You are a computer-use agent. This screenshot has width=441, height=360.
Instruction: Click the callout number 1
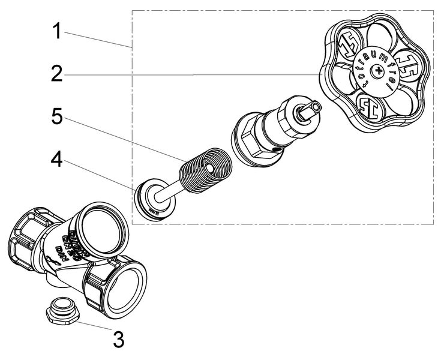pos(56,31)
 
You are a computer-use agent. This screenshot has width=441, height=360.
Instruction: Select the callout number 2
pos(56,74)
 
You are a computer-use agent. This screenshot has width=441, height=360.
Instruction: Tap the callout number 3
pos(118,340)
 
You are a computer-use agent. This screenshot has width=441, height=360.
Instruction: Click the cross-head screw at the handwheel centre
pos(377,71)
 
